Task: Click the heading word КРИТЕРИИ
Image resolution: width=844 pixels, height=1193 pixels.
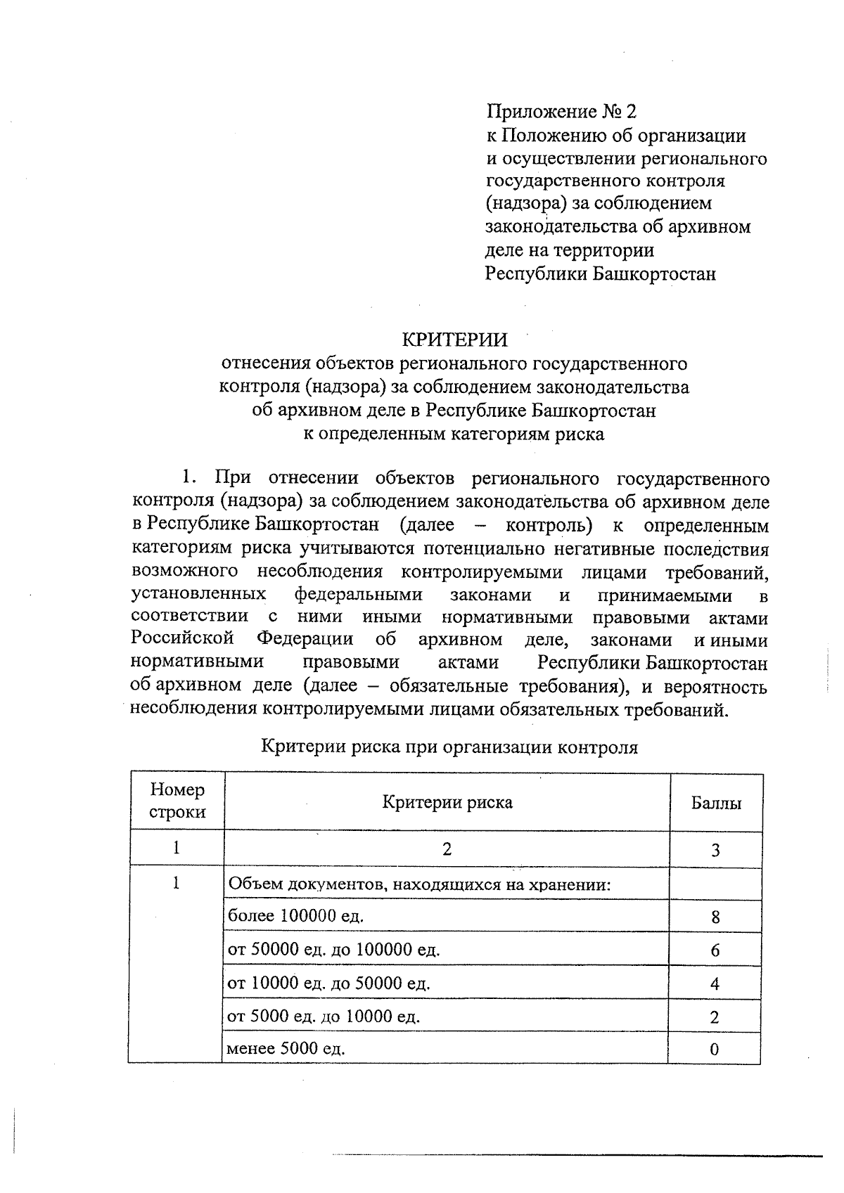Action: click(x=454, y=340)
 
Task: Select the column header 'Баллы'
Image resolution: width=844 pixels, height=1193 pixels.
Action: click(x=716, y=802)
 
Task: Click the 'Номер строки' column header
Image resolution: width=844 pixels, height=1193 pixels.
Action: click(x=178, y=801)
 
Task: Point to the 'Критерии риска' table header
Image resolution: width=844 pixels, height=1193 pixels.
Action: click(x=447, y=802)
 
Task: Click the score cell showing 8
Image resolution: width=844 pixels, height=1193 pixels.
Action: click(x=715, y=917)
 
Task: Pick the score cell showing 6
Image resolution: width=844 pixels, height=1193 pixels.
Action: click(x=715, y=950)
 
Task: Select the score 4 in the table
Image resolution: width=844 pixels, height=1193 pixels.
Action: click(x=715, y=984)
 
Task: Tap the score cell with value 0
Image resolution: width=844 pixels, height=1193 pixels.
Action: click(x=715, y=1050)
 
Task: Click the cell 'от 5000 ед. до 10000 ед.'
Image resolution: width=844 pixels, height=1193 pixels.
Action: click(x=324, y=1017)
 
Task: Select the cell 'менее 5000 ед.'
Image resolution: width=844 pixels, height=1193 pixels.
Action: click(x=286, y=1050)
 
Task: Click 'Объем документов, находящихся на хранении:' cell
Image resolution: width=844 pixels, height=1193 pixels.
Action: click(x=418, y=884)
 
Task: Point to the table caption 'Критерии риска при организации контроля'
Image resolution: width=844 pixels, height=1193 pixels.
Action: click(x=449, y=747)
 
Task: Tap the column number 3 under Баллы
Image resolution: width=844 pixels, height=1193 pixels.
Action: click(x=715, y=850)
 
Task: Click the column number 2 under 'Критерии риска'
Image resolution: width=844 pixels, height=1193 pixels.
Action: click(x=447, y=849)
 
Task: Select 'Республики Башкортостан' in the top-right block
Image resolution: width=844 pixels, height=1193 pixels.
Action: click(x=601, y=273)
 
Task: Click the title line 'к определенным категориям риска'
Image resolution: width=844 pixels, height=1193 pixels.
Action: click(x=454, y=433)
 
